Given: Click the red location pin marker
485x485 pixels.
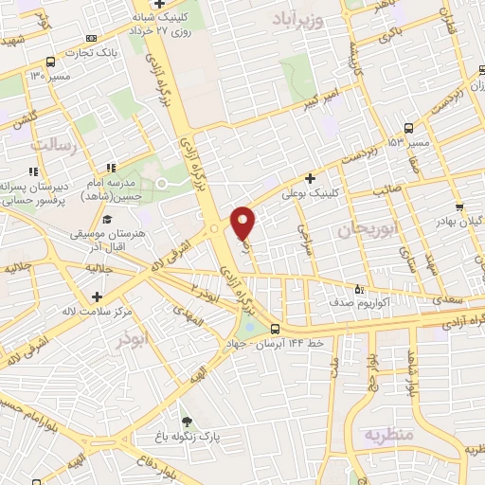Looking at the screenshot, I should tap(243, 222).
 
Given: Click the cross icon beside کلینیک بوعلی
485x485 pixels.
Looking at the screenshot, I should tap(310, 178).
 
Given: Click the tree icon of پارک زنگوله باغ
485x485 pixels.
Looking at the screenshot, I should tap(187, 422).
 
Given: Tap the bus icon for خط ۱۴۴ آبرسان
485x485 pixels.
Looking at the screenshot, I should tap(275, 329).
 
